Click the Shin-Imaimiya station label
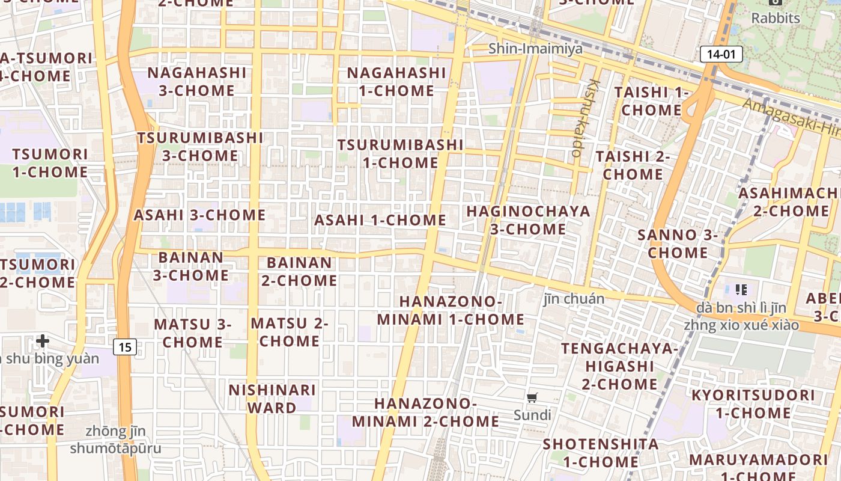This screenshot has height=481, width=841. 535,49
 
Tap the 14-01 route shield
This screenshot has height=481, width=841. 721,54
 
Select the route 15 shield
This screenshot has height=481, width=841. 124,346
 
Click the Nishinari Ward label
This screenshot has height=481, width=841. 272,398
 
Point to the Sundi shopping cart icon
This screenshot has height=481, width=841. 532,397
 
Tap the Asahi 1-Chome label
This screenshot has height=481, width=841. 380,220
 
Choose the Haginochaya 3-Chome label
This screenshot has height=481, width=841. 528,220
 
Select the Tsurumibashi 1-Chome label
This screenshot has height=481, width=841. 400,154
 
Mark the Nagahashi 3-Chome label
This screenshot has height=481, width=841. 197,82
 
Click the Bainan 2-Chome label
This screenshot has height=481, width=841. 299,272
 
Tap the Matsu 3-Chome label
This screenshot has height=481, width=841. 193,333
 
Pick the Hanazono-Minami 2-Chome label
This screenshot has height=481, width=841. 425,412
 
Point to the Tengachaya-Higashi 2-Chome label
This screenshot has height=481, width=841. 619,366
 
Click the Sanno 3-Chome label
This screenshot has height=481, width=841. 678,244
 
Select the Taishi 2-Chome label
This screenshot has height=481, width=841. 633,165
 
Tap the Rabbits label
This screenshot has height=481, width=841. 776,18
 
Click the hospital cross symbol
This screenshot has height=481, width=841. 42,342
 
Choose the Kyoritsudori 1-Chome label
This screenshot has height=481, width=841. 753,404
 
